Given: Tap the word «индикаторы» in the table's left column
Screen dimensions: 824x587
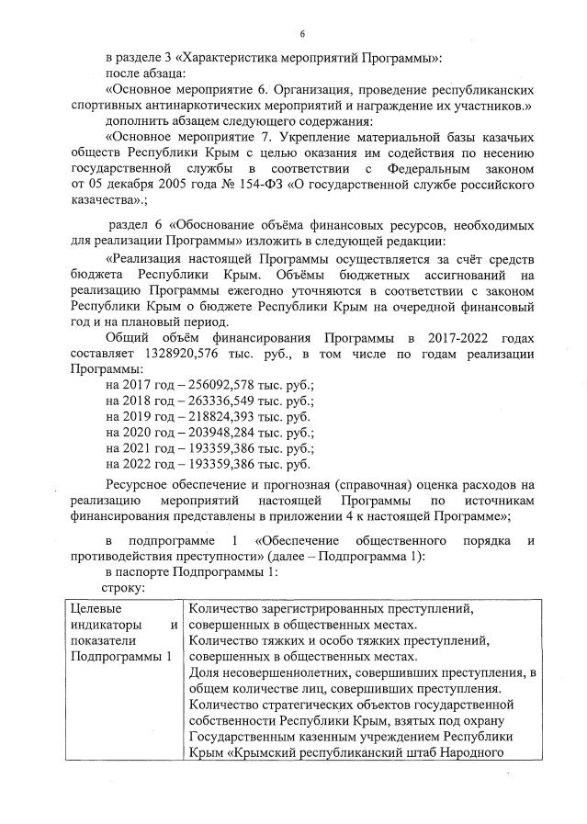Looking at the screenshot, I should [x=107, y=624].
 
